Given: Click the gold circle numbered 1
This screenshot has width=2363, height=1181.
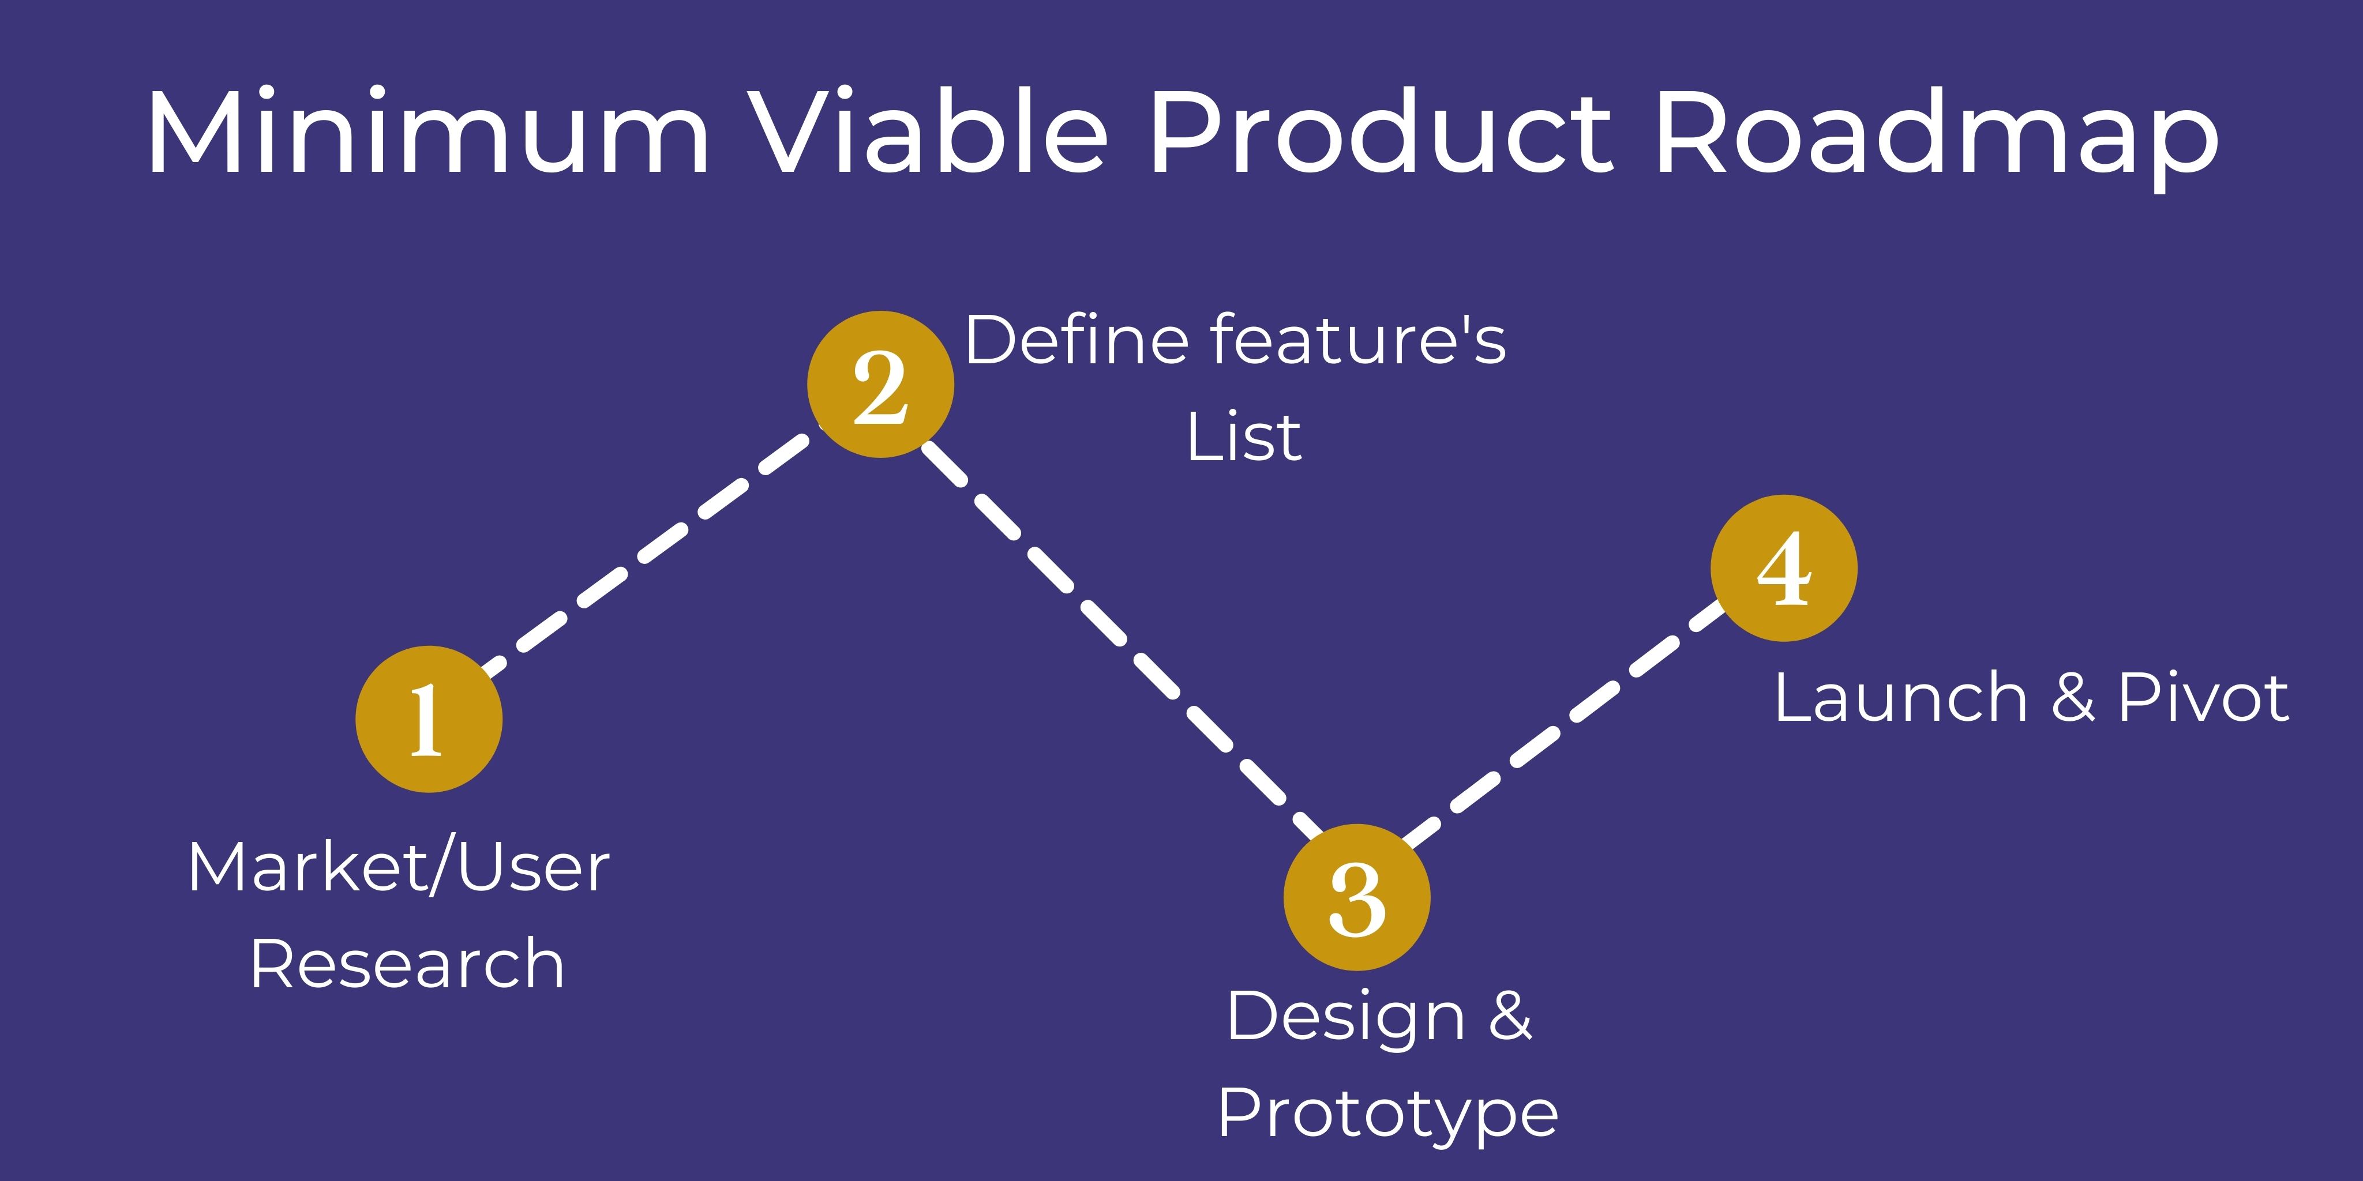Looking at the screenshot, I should [429, 719].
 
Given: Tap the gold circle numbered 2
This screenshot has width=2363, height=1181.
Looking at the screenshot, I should [880, 384].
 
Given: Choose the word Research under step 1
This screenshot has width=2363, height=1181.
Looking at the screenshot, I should [406, 965].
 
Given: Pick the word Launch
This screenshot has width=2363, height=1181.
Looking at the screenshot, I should [1901, 699].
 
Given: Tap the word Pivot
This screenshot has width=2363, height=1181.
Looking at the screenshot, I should [2203, 699].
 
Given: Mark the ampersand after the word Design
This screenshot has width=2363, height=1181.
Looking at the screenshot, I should [1510, 1016].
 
